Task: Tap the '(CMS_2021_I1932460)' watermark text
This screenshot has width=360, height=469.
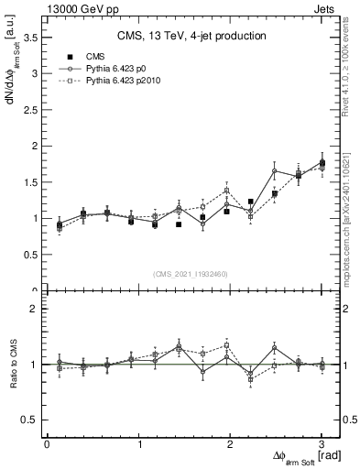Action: pyautogui.click(x=191, y=274)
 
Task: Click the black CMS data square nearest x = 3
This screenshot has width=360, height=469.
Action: pyautogui.click(x=322, y=163)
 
